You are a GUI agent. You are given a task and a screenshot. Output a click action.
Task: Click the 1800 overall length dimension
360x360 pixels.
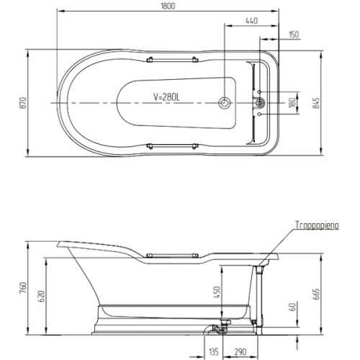click(168, 6)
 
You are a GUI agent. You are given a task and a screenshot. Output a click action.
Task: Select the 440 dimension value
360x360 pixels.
click(251, 21)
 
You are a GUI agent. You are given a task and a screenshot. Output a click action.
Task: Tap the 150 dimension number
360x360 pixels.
click(294, 35)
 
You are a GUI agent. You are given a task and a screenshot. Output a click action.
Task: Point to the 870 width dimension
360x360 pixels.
click(22, 103)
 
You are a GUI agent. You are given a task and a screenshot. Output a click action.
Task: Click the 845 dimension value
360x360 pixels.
click(317, 103)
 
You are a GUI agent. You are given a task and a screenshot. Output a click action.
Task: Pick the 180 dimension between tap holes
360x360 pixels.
click(292, 103)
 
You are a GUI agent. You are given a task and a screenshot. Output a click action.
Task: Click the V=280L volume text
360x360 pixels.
click(166, 97)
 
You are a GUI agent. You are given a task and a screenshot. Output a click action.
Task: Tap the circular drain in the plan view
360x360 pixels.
click(225, 103)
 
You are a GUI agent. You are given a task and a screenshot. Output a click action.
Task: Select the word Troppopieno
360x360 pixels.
click(317, 225)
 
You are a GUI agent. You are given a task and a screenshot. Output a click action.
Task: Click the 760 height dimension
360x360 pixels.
click(23, 288)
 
